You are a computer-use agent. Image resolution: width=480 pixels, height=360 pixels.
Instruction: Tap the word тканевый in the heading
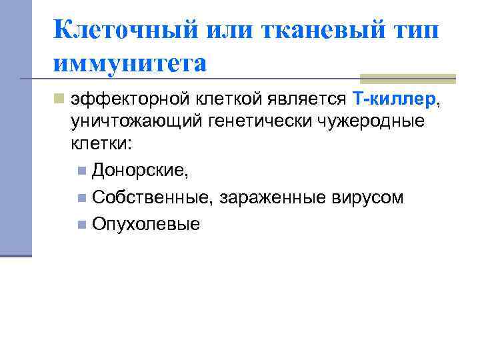tap(318, 30)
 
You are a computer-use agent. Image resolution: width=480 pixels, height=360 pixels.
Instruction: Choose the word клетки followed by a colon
tap(101, 143)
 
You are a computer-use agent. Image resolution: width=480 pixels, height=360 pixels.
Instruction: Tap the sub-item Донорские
tap(140, 171)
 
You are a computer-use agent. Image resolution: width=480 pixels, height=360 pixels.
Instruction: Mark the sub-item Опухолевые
tap(145, 224)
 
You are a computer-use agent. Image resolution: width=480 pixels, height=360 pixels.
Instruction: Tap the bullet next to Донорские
tap(81, 171)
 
